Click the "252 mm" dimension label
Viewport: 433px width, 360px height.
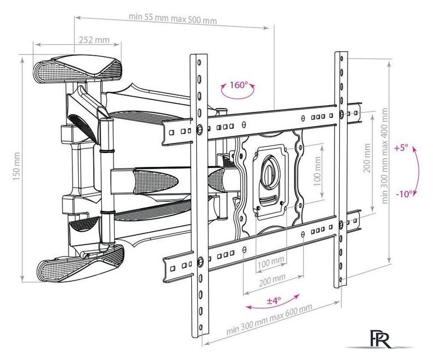pyautogui.click(x=94, y=40)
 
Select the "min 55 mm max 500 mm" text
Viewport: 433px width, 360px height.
pyautogui.click(x=173, y=19)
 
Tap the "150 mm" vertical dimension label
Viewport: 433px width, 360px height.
pyautogui.click(x=16, y=166)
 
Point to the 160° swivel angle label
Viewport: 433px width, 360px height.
pyautogui.click(x=238, y=84)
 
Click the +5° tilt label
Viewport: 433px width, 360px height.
pyautogui.click(x=401, y=148)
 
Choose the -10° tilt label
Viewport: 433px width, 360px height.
pyautogui.click(x=404, y=194)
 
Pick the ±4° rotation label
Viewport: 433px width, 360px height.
pyautogui.click(x=274, y=300)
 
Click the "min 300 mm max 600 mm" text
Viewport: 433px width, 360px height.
pyautogui.click(x=269, y=319)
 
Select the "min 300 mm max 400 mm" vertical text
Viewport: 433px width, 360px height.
pyautogui.click(x=384, y=156)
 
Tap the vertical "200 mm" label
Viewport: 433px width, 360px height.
pyautogui.click(x=367, y=157)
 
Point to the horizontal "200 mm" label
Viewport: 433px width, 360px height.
pyautogui.click(x=272, y=281)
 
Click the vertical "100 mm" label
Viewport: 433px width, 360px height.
pyautogui.click(x=318, y=172)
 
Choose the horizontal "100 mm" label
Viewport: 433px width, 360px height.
pyautogui.click(x=271, y=263)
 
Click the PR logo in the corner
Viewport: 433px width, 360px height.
pyautogui.click(x=381, y=339)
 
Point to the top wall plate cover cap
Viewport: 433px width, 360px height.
pyautogui.click(x=78, y=68)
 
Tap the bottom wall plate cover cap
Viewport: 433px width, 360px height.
pyautogui.click(x=80, y=263)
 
